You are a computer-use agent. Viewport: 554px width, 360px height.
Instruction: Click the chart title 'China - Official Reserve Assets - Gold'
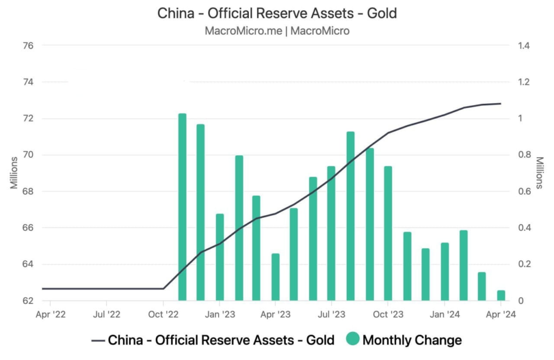[x=277, y=13]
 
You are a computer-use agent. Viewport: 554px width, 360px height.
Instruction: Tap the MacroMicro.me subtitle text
[x=277, y=31]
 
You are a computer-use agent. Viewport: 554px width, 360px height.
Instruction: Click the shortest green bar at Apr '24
[x=501, y=295]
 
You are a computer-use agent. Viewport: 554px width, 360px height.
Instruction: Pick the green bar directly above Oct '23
[x=388, y=233]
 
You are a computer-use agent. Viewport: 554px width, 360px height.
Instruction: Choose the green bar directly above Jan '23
[x=220, y=257]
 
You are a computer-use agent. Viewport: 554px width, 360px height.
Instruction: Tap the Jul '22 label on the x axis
[x=107, y=314]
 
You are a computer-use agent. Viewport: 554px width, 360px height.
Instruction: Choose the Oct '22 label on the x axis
[x=163, y=314]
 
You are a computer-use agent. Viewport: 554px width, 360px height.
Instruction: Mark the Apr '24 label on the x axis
[x=501, y=314]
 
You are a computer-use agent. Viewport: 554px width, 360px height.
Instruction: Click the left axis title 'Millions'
[x=14, y=173]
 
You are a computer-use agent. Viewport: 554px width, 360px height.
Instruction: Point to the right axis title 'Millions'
[x=539, y=173]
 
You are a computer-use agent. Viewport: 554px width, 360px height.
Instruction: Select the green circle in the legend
[x=353, y=339]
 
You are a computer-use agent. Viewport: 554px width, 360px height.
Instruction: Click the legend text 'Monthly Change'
[x=412, y=340]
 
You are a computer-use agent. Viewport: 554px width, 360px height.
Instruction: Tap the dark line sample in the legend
[x=98, y=340]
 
